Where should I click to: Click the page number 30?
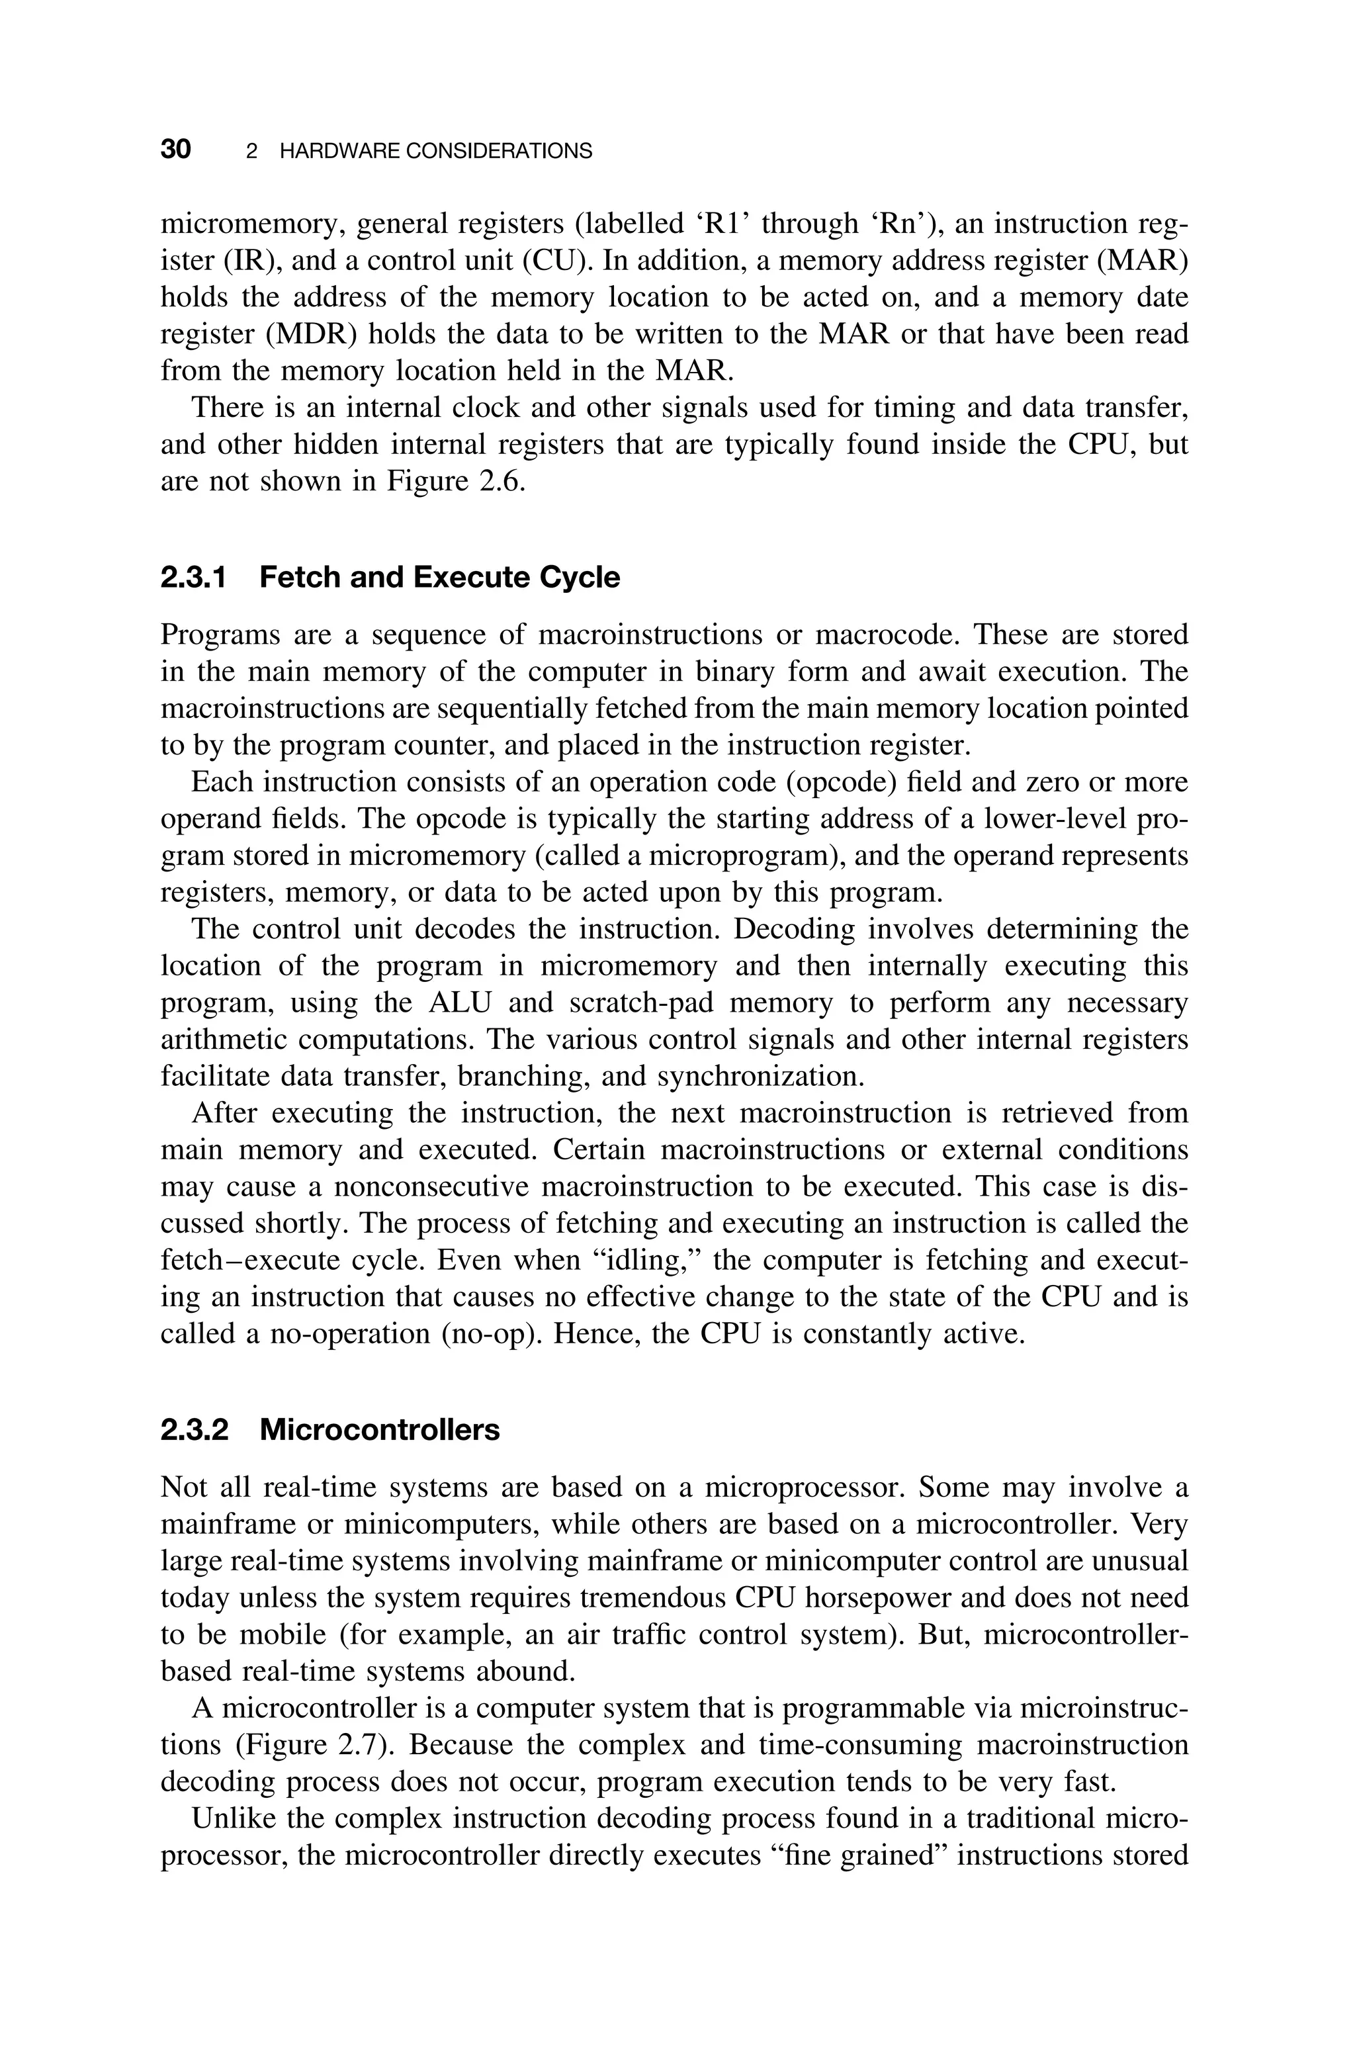click(175, 150)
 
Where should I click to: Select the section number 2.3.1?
click(194, 577)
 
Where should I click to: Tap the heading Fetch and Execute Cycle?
click(439, 577)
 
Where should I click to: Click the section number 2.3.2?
click(195, 1430)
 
